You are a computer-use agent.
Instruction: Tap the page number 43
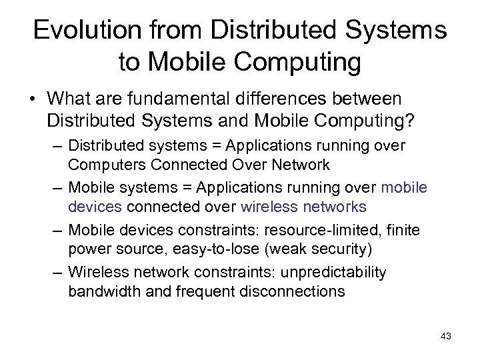[446, 336]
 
